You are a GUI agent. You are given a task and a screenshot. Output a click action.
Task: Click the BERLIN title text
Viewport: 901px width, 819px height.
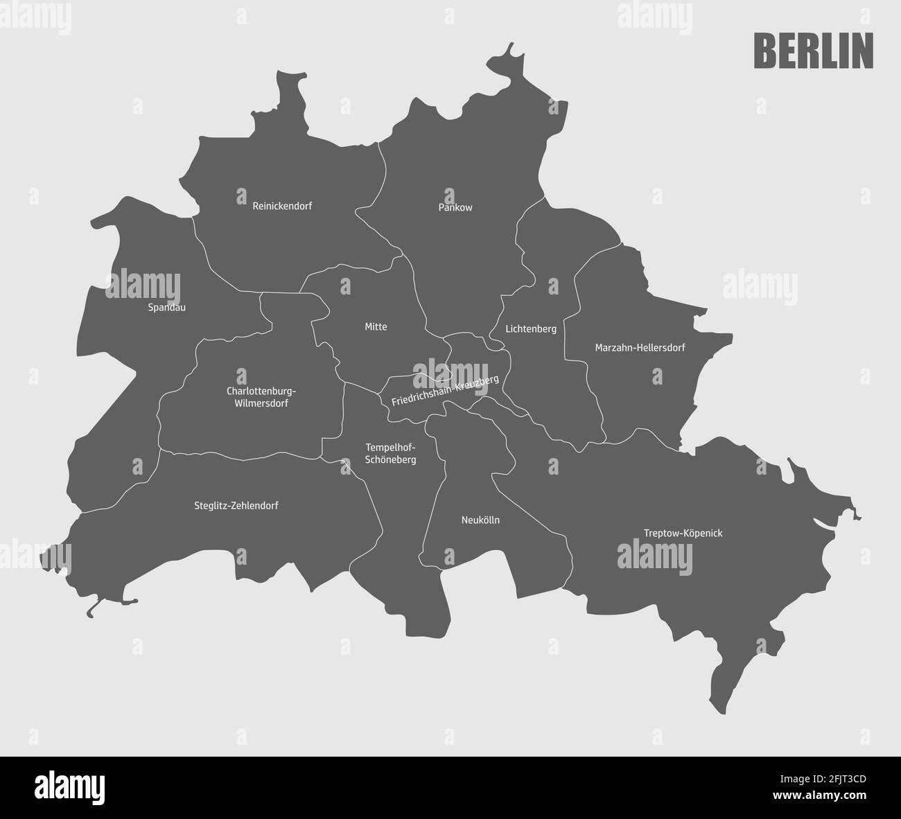point(813,51)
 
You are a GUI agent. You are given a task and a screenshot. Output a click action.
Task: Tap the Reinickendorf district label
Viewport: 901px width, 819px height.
point(282,206)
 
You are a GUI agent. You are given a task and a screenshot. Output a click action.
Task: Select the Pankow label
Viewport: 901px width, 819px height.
point(455,207)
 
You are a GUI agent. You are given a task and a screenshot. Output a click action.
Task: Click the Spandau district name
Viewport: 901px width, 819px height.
point(167,307)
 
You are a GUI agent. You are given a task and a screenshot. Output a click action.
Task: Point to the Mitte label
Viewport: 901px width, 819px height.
point(376,326)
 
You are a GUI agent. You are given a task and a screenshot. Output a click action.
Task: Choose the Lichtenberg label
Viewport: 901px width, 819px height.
point(531,328)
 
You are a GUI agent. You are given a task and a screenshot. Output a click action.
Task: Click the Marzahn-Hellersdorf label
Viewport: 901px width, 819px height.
point(640,347)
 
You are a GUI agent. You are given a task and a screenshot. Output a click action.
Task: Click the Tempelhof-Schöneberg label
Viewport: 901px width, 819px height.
point(391,453)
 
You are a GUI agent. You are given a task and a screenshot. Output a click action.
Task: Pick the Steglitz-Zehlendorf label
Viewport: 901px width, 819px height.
point(236,506)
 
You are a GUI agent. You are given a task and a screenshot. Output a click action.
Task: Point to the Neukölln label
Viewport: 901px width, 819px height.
point(480,520)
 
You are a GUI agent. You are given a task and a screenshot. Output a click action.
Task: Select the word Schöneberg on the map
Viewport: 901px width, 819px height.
point(391,459)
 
